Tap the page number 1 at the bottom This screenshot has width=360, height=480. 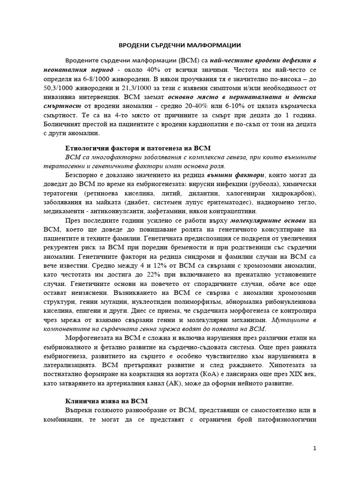[x=315, y=448]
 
